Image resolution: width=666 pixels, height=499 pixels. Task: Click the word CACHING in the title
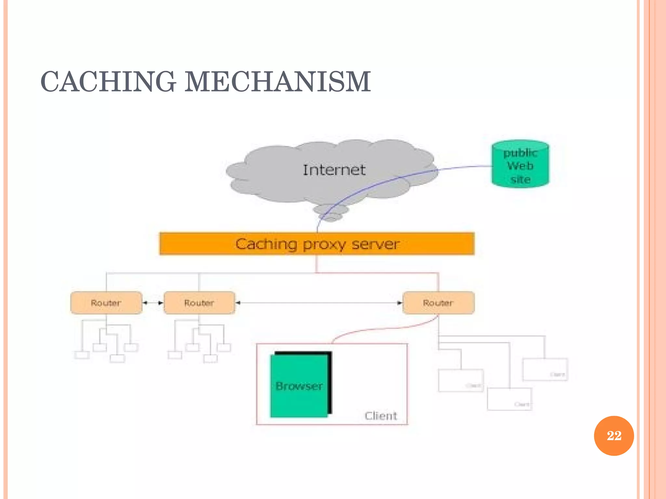pyautogui.click(x=108, y=82)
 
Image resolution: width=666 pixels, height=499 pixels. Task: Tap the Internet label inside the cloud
pyautogui.click(x=334, y=170)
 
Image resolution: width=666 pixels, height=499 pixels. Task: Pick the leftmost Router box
pyautogui.click(x=106, y=303)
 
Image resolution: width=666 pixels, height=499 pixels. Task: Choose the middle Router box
pyautogui.click(x=199, y=303)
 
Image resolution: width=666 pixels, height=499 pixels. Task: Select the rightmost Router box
pyautogui.click(x=438, y=303)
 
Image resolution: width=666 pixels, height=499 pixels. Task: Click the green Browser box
pyautogui.click(x=299, y=386)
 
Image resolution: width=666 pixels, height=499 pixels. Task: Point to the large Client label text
pyautogui.click(x=381, y=416)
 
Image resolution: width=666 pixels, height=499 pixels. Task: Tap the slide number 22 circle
pyautogui.click(x=614, y=436)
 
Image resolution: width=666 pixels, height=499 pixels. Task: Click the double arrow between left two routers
pyautogui.click(x=153, y=303)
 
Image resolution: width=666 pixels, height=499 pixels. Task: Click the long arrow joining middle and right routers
pyautogui.click(x=319, y=303)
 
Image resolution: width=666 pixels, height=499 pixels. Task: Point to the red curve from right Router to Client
pyautogui.click(x=384, y=329)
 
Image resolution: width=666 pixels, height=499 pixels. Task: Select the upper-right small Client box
pyautogui.click(x=545, y=369)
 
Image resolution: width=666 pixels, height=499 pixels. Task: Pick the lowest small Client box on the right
pyautogui.click(x=509, y=399)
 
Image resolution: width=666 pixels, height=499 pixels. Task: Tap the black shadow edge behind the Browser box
pyautogui.click(x=330, y=383)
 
